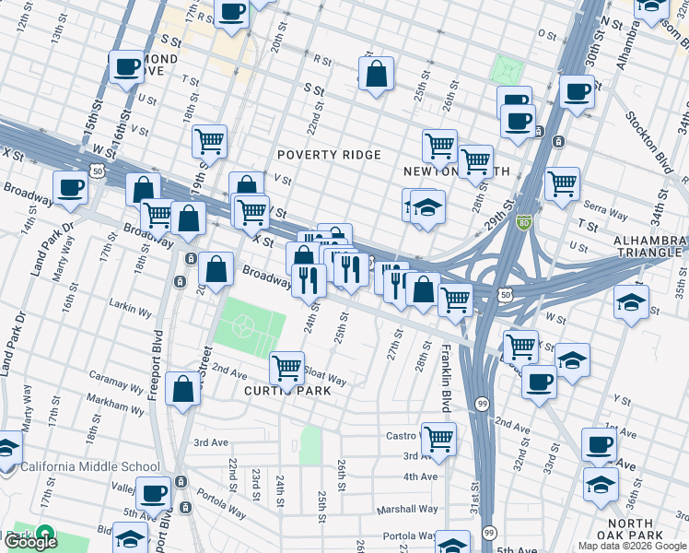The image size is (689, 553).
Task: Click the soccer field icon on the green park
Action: [244, 326]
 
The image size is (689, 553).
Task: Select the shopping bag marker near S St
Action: [377, 74]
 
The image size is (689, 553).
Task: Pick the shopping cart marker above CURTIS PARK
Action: [287, 368]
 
